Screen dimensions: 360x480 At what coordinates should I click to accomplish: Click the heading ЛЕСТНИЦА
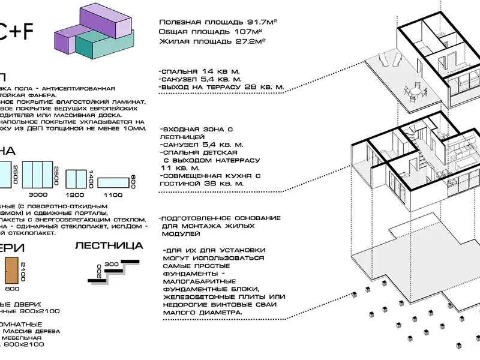pos(109,245)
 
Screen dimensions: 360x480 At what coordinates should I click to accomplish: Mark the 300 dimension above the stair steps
pos(110,263)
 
